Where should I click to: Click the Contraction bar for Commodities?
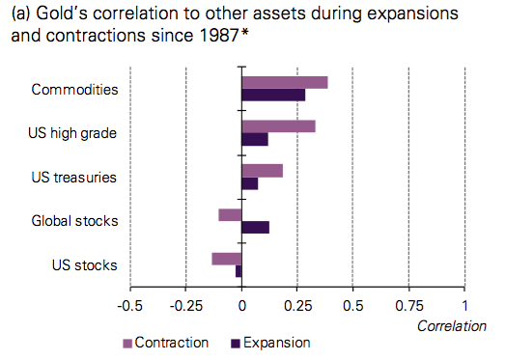[285, 82]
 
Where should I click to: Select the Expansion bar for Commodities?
[273, 95]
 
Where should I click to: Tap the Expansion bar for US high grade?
[255, 139]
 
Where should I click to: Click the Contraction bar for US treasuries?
[262, 170]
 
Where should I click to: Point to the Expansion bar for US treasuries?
[250, 183]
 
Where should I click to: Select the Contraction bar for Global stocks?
[230, 214]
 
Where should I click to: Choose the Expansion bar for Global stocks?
[256, 227]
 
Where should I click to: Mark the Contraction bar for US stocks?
[227, 258]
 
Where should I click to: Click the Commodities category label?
[75, 89]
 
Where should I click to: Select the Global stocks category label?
[75, 221]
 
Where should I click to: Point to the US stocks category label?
[85, 264]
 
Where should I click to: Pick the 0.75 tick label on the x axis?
[409, 307]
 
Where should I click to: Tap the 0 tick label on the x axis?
[241, 307]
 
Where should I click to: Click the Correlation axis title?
[451, 326]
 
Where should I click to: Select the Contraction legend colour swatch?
[127, 343]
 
